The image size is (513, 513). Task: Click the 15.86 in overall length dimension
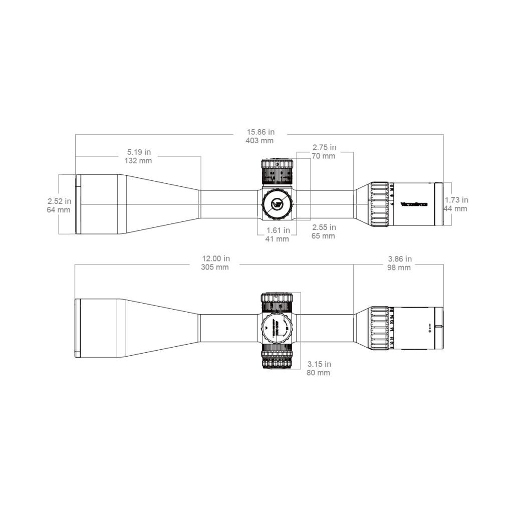260,132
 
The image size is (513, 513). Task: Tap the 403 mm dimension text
260,141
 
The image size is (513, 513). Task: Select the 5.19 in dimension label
138,152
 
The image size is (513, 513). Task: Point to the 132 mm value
138,160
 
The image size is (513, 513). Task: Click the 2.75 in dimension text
324,147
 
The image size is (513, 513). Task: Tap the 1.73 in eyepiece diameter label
456,200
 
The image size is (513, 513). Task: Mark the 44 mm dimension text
455,208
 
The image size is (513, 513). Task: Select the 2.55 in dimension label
323,227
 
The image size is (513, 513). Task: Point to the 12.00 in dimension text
215,259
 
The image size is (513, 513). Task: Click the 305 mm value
215,267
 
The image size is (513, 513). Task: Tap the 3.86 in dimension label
400,259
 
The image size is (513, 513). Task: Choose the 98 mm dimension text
400,268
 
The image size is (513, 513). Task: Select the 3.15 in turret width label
319,364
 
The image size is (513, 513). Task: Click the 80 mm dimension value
319,373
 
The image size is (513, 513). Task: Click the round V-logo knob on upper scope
277,204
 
